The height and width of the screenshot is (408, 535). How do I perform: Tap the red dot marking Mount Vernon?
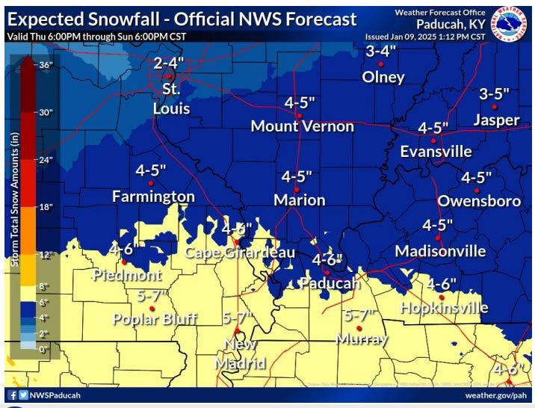[299, 116]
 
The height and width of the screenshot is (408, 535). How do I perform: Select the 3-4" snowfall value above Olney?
[382, 52]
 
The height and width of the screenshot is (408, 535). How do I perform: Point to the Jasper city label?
[497, 120]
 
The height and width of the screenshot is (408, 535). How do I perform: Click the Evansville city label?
[436, 152]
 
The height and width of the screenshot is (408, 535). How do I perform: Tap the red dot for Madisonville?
[439, 238]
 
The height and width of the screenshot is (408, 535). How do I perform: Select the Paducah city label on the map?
[330, 283]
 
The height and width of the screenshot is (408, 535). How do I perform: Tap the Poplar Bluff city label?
[155, 320]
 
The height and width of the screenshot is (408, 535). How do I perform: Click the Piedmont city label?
[126, 275]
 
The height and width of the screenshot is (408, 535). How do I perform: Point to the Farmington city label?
[153, 197]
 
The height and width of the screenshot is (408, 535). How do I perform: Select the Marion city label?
[299, 200]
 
